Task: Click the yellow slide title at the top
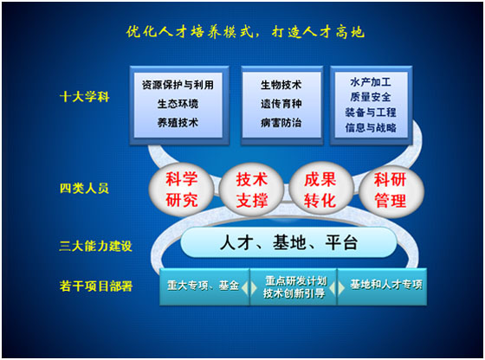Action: (x=245, y=32)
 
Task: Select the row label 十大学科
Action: (x=85, y=97)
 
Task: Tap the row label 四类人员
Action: (x=84, y=188)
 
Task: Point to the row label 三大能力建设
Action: (x=95, y=246)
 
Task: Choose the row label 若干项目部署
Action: (x=96, y=286)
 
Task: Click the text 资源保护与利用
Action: (x=178, y=85)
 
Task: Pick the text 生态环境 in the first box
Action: (x=178, y=104)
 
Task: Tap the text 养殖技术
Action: (x=178, y=123)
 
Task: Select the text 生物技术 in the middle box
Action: (x=281, y=85)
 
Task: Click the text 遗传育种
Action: (x=281, y=104)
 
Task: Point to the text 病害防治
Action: (x=281, y=123)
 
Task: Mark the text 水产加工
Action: (x=371, y=82)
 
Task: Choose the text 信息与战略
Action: (x=371, y=127)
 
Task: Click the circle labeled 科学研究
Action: (x=181, y=190)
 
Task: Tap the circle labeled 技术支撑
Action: (x=251, y=190)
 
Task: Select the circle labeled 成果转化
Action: (x=320, y=190)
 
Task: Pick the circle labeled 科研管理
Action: (x=391, y=190)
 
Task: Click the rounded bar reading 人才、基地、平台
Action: (x=288, y=242)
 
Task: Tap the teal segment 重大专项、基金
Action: (x=204, y=286)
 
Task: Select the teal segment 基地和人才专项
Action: (x=382, y=286)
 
